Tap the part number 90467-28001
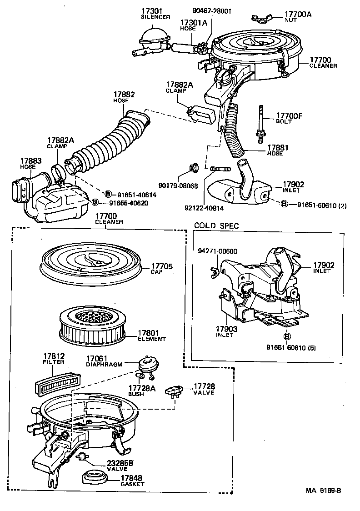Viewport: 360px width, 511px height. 211,10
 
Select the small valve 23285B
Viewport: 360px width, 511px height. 83,456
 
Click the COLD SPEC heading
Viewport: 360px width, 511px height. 216,226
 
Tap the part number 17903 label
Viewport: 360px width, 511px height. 225,329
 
